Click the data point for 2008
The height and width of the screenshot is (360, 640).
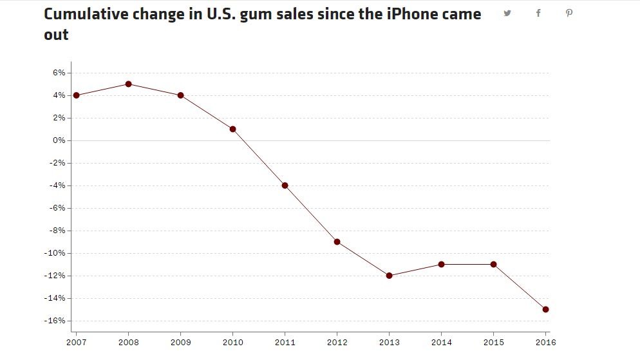click(x=128, y=84)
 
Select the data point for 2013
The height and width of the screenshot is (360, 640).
click(x=389, y=276)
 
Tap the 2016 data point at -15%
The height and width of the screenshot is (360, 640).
click(x=545, y=309)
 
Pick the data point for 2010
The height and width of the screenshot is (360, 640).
click(x=232, y=129)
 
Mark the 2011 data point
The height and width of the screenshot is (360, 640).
click(x=285, y=185)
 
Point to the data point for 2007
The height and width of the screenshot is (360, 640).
click(x=76, y=95)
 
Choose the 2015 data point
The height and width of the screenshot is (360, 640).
click(x=493, y=264)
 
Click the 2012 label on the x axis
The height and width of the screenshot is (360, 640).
click(x=337, y=342)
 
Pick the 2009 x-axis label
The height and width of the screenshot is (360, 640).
click(x=180, y=342)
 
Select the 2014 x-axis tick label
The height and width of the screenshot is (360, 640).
click(x=441, y=342)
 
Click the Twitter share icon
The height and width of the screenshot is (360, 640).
click(x=507, y=13)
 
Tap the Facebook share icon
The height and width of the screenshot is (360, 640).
click(x=538, y=13)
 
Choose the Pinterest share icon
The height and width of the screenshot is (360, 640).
click(x=569, y=13)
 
